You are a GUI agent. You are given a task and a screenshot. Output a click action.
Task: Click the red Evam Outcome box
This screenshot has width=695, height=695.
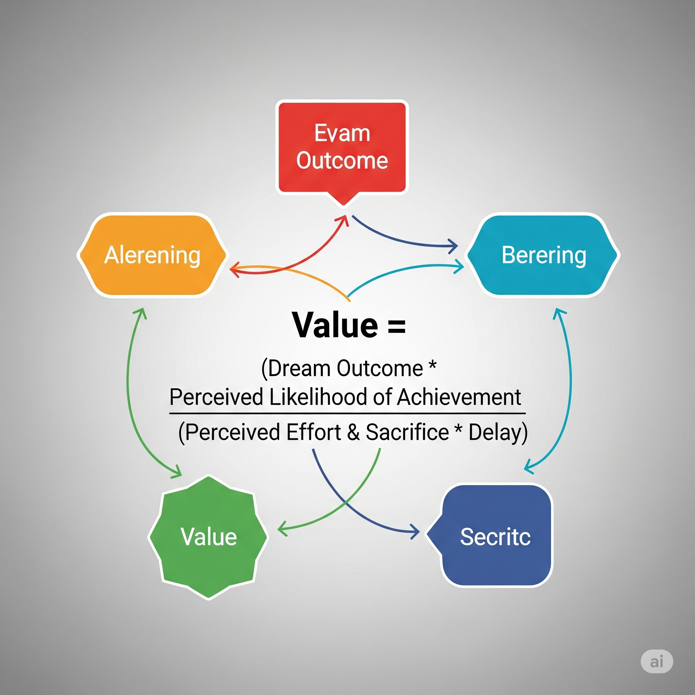click(342, 148)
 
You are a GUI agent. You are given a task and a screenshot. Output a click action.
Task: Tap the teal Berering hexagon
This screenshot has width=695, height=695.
click(543, 255)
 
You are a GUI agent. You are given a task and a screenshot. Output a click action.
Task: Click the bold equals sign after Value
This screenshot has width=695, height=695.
click(397, 326)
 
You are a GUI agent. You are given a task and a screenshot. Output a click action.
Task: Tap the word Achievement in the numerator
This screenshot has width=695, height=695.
click(459, 397)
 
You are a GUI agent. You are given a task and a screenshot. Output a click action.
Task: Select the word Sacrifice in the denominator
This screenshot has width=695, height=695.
click(407, 432)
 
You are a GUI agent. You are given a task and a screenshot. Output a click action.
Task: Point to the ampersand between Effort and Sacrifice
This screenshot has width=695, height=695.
click(354, 432)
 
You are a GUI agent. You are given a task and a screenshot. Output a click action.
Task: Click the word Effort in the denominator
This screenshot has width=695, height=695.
click(314, 432)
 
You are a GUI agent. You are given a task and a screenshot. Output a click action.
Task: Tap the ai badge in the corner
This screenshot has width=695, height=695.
click(657, 661)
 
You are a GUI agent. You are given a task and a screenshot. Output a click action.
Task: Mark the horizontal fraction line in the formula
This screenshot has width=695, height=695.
click(347, 414)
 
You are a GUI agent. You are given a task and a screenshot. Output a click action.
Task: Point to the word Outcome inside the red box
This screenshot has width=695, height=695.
click(342, 161)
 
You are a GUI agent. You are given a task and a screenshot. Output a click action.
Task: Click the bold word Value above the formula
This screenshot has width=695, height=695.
click(335, 325)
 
